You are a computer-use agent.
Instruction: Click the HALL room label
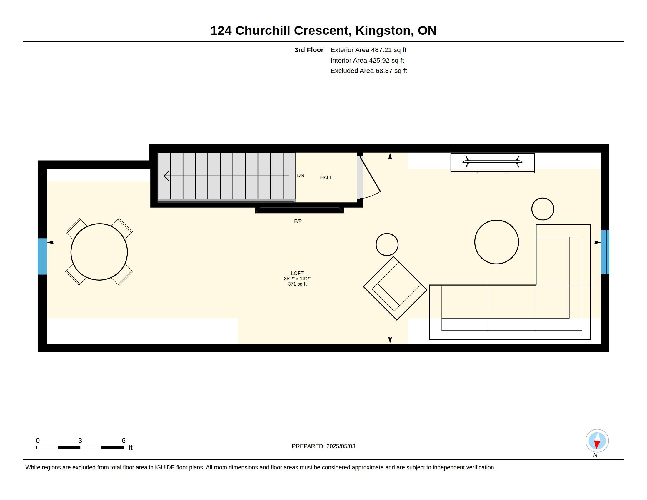tap(326, 177)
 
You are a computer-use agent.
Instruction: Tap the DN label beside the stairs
tap(300, 175)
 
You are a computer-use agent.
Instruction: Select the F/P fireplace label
tap(298, 221)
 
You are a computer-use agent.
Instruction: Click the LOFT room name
tap(297, 274)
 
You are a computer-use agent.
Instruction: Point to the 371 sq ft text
tap(297, 284)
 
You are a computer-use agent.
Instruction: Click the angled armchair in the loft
tap(395, 288)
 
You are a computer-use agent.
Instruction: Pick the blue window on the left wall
tap(42, 256)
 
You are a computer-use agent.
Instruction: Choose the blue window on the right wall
tap(605, 252)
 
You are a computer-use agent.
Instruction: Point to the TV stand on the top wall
tap(493, 163)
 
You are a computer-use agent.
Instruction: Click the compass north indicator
tap(597, 441)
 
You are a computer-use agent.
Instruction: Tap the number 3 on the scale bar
tap(80, 441)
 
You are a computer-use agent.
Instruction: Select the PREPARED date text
tap(323, 446)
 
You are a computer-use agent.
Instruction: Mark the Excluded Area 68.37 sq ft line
tap(368, 71)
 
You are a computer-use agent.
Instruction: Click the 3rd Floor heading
tap(309, 50)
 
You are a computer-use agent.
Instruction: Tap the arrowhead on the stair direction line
tap(166, 176)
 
